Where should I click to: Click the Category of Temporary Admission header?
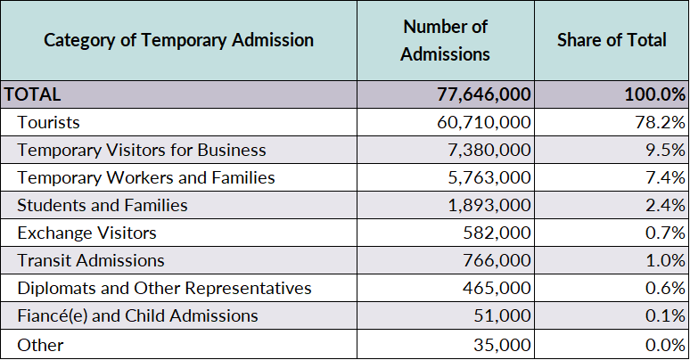tap(178, 40)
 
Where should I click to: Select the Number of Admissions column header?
tap(446, 40)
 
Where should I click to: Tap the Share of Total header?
tap(612, 40)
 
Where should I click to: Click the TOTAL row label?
tap(32, 94)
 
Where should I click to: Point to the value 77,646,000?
tap(483, 94)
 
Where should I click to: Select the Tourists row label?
tap(48, 122)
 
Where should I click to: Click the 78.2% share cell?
tap(660, 122)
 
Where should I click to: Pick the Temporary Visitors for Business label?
tap(142, 150)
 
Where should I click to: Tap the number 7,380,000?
tap(489, 150)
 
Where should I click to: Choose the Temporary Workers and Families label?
tap(146, 178)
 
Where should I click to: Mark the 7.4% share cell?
tap(665, 178)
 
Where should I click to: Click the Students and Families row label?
tap(103, 206)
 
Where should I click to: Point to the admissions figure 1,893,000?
tap(489, 206)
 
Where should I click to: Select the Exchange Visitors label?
tap(86, 233)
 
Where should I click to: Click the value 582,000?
tap(497, 233)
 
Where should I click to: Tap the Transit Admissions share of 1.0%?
tap(665, 260)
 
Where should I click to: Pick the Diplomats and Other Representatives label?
tap(164, 288)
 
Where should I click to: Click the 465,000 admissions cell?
tap(497, 288)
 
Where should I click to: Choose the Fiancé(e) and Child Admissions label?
tap(138, 316)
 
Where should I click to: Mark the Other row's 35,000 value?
tap(502, 345)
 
